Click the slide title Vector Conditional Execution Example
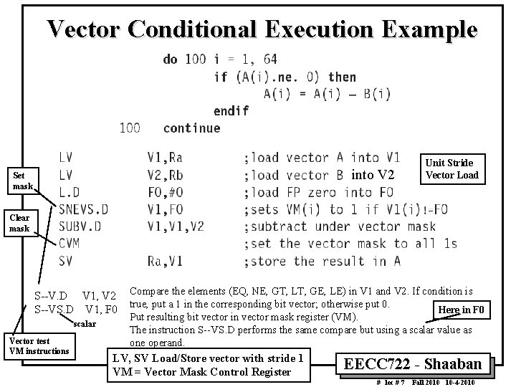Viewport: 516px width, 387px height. (x=262, y=30)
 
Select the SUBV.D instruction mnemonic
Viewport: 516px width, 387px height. (x=80, y=226)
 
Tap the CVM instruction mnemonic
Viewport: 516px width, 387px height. (x=70, y=244)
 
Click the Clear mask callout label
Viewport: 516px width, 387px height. (x=19, y=223)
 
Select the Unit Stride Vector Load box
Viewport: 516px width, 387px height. (x=451, y=168)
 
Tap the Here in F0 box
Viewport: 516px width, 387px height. (x=464, y=309)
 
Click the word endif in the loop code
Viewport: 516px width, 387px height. (x=231, y=111)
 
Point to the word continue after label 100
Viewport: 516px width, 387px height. (x=191, y=128)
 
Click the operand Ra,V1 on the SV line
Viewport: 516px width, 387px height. (x=166, y=262)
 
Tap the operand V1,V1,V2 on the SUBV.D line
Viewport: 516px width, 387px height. (x=176, y=226)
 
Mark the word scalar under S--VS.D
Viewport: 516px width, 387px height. (x=84, y=324)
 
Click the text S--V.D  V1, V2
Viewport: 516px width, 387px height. (x=75, y=295)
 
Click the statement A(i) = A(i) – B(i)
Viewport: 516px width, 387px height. (x=327, y=93)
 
